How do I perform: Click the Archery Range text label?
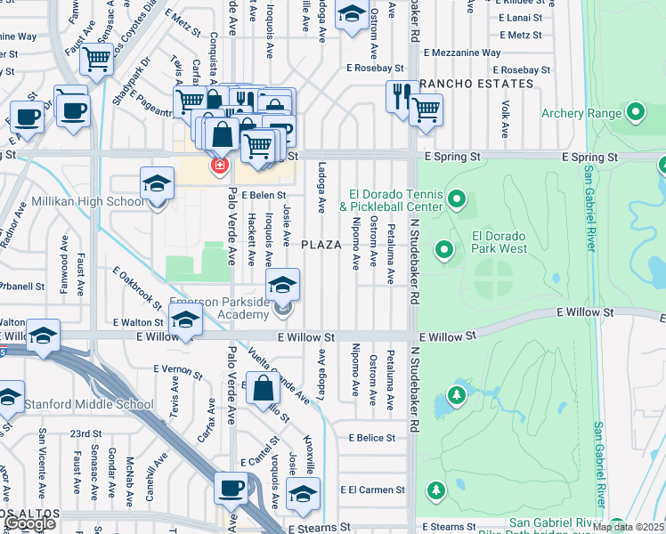click(581, 113)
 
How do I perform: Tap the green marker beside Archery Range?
click(635, 112)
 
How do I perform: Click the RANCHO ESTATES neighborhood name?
click(476, 85)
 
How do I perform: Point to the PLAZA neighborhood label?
click(321, 245)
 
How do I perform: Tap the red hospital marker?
click(217, 165)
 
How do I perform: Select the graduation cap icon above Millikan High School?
click(157, 184)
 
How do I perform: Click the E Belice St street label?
click(371, 438)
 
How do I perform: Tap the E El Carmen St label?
click(372, 489)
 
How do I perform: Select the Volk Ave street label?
click(505, 118)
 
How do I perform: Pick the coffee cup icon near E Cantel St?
click(231, 489)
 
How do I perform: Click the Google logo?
click(30, 524)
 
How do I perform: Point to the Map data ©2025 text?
click(629, 527)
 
